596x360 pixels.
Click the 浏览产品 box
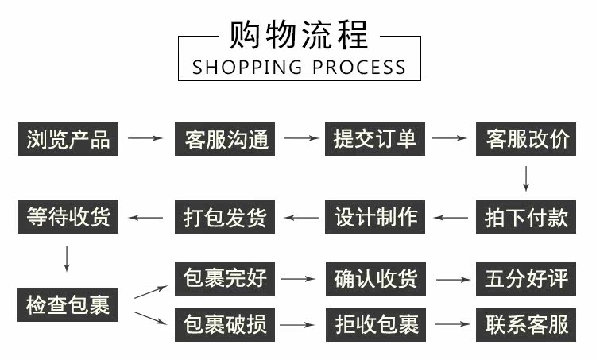click(x=68, y=139)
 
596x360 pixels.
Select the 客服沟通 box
click(x=226, y=139)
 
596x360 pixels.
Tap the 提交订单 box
click(x=376, y=139)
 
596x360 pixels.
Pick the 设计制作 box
click(x=376, y=217)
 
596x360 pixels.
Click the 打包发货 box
click(x=226, y=217)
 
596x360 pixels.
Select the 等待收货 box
click(x=68, y=217)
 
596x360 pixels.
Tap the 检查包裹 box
click(x=68, y=304)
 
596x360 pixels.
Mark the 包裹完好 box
click(x=226, y=279)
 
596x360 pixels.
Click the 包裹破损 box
click(x=226, y=325)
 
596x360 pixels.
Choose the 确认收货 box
click(x=376, y=279)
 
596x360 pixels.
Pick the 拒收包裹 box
click(x=376, y=325)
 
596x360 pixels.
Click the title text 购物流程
click(x=298, y=36)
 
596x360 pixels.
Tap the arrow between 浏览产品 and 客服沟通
click(x=145, y=139)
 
